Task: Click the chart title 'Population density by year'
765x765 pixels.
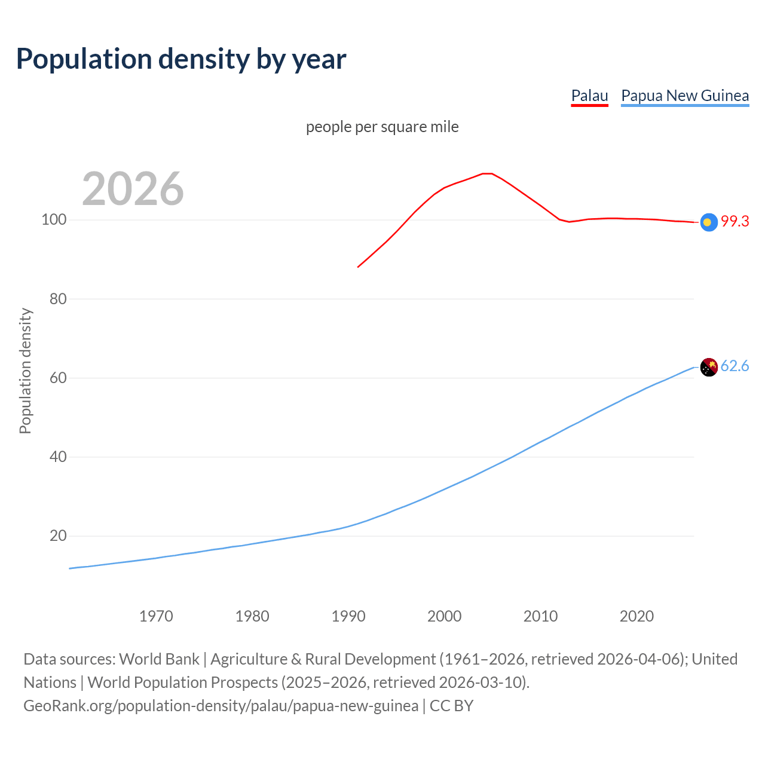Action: click(181, 59)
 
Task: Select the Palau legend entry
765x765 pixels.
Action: click(589, 96)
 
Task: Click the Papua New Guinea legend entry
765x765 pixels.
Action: click(685, 96)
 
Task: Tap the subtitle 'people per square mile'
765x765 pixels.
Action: click(382, 127)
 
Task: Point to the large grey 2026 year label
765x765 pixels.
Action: click(133, 189)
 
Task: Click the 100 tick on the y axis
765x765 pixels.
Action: click(54, 220)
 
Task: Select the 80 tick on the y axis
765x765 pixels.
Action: click(58, 299)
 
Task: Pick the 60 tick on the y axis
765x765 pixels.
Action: click(58, 378)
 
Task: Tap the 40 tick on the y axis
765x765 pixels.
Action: click(58, 457)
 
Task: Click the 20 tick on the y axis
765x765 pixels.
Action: click(58, 536)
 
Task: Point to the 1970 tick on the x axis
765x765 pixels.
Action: click(156, 616)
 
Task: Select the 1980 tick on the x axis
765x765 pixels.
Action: click(252, 616)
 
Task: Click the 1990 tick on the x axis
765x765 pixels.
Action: click(348, 616)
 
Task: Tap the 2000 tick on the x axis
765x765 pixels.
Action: click(445, 616)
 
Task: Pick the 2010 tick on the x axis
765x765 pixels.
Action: click(541, 616)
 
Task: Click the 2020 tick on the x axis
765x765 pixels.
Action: click(637, 616)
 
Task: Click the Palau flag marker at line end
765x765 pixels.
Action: click(708, 222)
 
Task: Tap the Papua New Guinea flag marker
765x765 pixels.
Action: click(708, 367)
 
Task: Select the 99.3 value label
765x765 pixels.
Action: click(735, 221)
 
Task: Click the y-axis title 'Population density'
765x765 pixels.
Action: click(25, 371)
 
